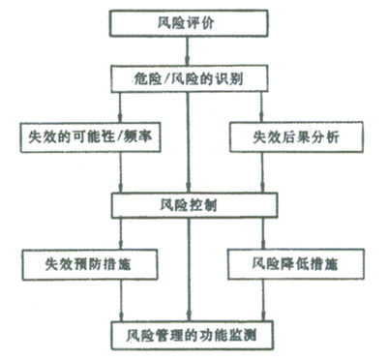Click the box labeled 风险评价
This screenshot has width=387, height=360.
[189, 23]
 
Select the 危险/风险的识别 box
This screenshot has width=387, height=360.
[190, 79]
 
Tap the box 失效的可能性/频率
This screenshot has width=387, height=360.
[90, 137]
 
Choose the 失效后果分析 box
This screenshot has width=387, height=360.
[296, 136]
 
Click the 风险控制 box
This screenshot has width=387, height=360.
[194, 205]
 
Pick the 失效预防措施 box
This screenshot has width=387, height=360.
[90, 264]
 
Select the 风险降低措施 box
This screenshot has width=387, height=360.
[296, 264]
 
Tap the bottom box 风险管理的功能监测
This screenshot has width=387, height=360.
[192, 335]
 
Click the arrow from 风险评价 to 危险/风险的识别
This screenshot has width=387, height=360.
[188, 50]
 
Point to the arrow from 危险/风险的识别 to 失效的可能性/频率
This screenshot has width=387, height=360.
[120, 107]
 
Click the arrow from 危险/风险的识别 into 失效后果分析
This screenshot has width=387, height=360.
[261, 107]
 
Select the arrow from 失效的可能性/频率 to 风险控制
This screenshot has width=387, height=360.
[121, 172]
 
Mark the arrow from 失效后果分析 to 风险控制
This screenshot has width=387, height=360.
[262, 172]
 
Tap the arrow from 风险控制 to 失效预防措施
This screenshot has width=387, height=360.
[121, 234]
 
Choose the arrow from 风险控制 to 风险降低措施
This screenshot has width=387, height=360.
[263, 233]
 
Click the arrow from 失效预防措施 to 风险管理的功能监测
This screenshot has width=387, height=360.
[121, 300]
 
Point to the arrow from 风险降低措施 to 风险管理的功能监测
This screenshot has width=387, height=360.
[263, 300]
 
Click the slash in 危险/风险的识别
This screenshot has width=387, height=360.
[167, 79]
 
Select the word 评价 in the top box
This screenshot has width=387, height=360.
[200, 23]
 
